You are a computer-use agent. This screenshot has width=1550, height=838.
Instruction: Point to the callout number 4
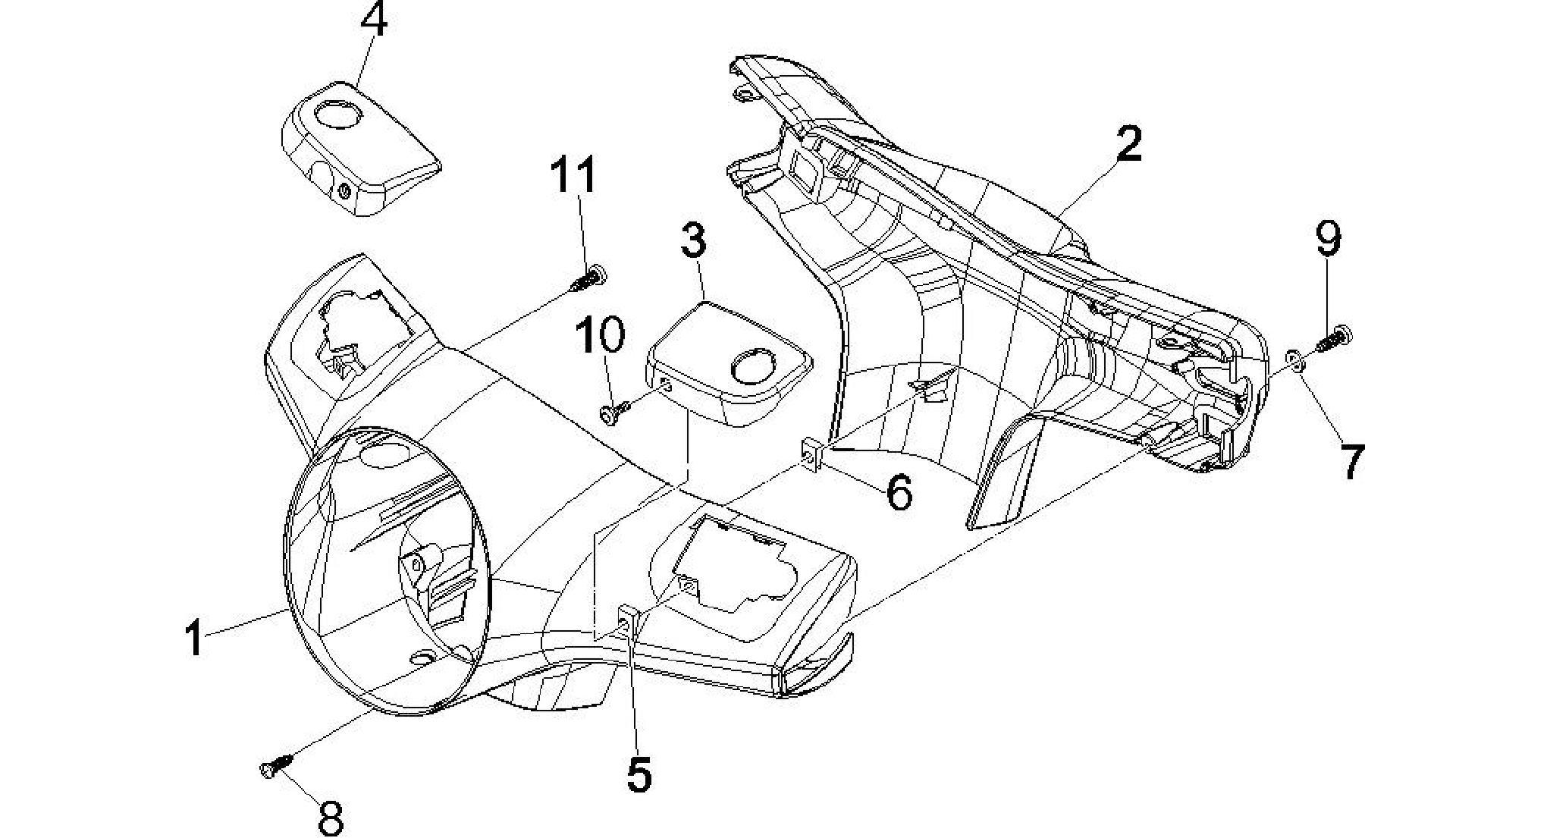(373, 20)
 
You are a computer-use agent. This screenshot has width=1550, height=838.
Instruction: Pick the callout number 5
(639, 774)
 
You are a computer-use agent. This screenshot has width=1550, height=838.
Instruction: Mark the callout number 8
(331, 818)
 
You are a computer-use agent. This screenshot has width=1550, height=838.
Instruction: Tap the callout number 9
(1327, 239)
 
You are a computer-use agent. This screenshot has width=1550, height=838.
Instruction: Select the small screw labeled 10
(615, 412)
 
